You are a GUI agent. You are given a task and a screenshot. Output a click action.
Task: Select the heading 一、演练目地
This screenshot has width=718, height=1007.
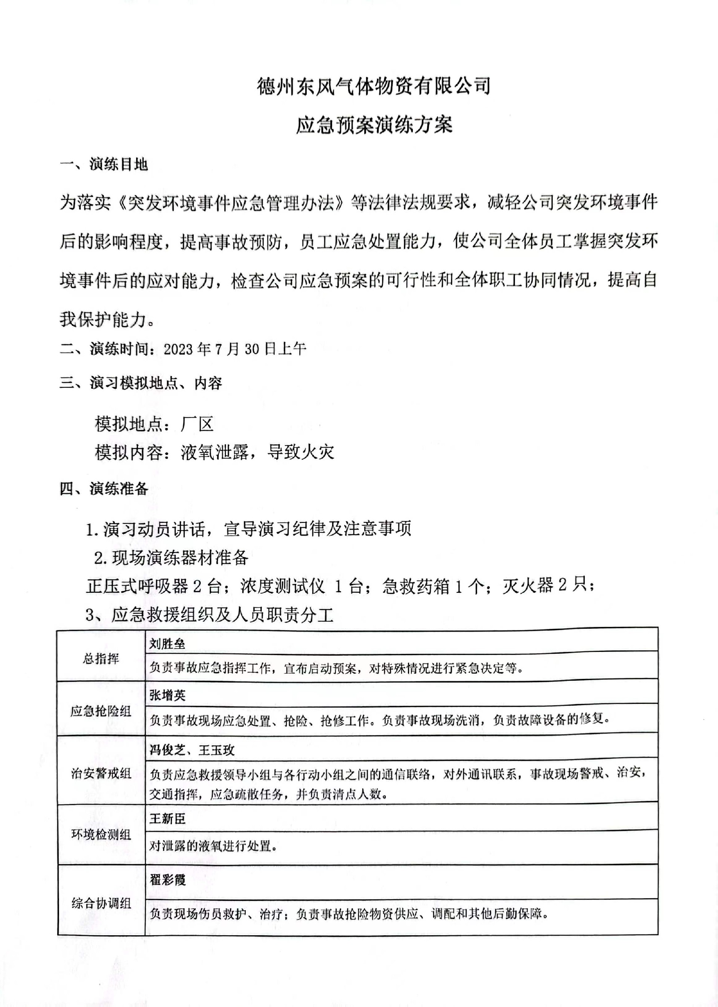[104, 164]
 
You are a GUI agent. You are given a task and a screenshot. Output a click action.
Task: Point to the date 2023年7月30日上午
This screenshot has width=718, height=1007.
[235, 349]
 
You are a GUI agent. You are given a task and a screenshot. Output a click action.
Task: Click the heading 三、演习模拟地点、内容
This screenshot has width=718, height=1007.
[141, 383]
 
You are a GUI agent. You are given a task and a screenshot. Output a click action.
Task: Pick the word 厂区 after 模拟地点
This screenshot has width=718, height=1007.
[197, 424]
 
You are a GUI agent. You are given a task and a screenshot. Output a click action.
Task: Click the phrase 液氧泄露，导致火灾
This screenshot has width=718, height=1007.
[257, 452]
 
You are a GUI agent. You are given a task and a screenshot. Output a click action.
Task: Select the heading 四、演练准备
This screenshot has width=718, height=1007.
[104, 489]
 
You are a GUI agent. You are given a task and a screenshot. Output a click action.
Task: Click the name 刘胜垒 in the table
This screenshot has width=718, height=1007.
[167, 644]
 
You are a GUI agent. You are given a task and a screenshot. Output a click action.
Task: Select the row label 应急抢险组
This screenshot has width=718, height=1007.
[101, 711]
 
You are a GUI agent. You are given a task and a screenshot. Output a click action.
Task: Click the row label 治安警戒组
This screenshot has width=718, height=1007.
[101, 773]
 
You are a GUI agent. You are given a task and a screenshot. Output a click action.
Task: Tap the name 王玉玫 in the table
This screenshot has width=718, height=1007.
[217, 750]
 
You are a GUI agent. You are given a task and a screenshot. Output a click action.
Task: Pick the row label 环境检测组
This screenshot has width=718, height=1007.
[101, 834]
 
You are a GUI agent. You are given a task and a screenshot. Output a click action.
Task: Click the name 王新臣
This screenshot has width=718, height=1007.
[167, 819]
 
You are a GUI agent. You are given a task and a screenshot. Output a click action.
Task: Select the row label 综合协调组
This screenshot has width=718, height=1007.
[101, 903]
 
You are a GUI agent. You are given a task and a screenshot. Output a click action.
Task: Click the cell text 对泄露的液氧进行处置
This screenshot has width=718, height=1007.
[213, 846]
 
